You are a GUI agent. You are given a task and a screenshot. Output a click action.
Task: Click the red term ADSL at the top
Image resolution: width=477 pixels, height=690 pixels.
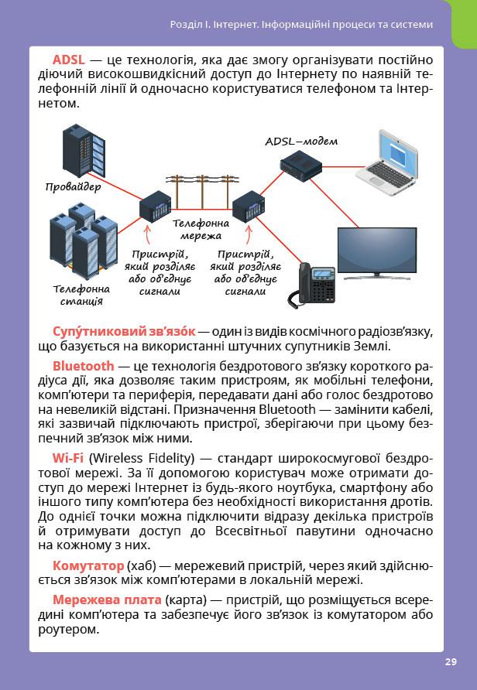pyautogui.click(x=68, y=60)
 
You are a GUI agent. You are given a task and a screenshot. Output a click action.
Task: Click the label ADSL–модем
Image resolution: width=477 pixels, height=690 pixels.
pyautogui.click(x=301, y=142)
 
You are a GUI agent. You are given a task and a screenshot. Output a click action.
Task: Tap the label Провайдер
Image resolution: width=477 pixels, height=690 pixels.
pyautogui.click(x=73, y=186)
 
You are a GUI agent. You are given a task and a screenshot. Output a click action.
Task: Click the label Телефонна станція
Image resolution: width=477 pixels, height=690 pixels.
pyautogui.click(x=81, y=295)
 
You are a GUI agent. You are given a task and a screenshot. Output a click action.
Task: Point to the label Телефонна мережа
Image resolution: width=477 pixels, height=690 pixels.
pyautogui.click(x=196, y=229)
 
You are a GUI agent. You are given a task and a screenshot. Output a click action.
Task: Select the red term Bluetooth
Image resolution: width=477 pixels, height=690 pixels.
pyautogui.click(x=83, y=365)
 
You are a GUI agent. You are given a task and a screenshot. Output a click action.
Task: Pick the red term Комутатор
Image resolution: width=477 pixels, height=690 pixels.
pyautogui.click(x=88, y=565)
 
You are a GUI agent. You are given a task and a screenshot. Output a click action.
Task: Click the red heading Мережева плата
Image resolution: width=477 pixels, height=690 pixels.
pyautogui.click(x=107, y=600)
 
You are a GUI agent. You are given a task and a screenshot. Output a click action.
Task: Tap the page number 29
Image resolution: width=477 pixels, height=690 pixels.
pyautogui.click(x=451, y=661)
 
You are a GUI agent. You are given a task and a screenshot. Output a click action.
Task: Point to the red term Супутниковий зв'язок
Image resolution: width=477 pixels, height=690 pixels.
pyautogui.click(x=124, y=331)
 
